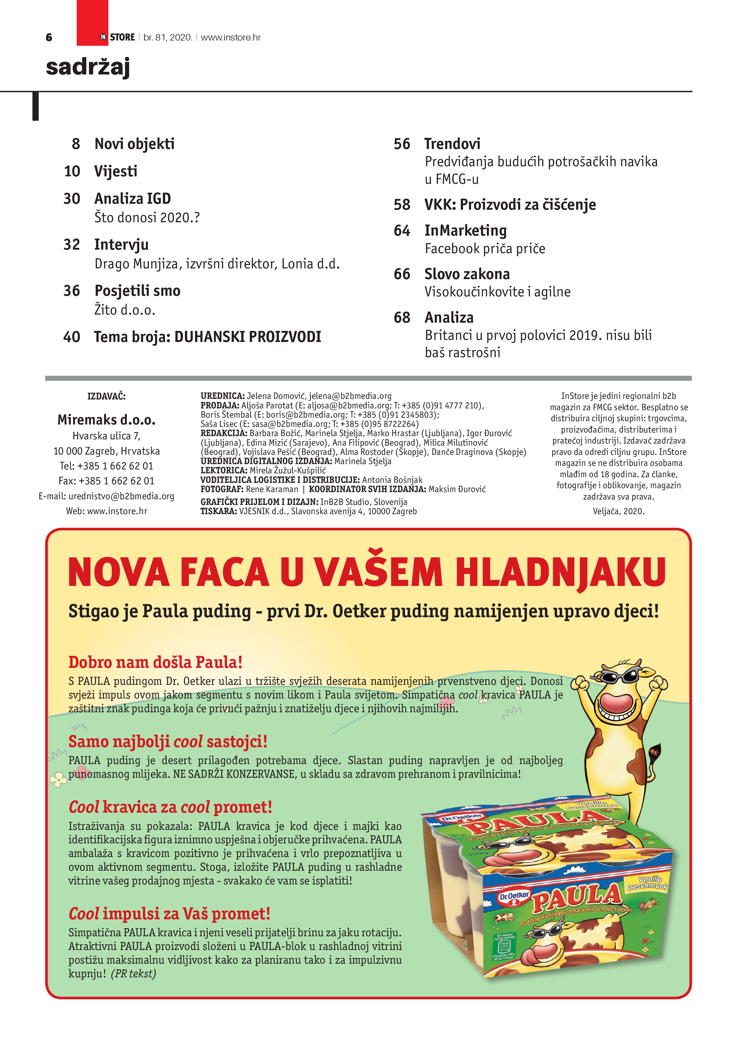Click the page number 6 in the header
pos(49,37)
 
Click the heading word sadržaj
pos(88,67)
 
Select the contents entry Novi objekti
pos(135,144)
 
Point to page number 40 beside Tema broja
pos(72,337)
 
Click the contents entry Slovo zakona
pos(467,274)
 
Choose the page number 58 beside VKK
pos(402,205)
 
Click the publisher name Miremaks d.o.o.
pos(107,420)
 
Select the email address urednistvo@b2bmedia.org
pos(121,496)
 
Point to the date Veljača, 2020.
pos(618,511)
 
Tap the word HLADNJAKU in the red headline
pos(561,572)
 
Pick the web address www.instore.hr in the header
pos(231,37)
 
